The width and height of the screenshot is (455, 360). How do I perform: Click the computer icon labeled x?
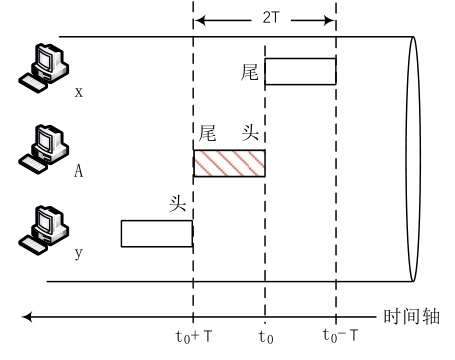click(x=44, y=68)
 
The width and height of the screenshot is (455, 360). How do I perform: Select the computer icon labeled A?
click(x=44, y=149)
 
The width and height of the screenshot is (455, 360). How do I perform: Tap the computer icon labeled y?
click(x=44, y=231)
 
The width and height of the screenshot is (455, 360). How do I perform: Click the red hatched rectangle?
click(x=229, y=163)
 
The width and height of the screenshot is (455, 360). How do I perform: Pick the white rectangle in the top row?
click(x=300, y=71)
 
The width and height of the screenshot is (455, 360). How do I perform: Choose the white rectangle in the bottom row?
click(x=157, y=234)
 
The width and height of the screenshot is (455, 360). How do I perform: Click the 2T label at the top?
click(x=270, y=18)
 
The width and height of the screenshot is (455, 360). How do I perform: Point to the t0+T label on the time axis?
click(x=194, y=336)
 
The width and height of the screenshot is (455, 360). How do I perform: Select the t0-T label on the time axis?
click(x=340, y=335)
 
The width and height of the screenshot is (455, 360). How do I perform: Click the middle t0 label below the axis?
click(x=266, y=337)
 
